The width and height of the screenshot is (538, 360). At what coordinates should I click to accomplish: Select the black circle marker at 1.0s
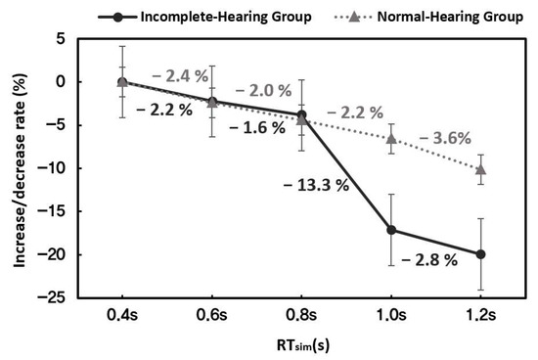(x=391, y=230)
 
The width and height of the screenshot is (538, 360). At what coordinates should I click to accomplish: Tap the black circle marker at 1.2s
(x=480, y=254)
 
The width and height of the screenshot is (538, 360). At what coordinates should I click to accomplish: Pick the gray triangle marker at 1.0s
(x=391, y=138)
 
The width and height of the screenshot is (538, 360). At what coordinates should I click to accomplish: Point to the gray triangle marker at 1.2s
(x=480, y=169)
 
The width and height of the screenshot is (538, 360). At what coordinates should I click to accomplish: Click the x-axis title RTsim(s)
(x=301, y=343)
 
